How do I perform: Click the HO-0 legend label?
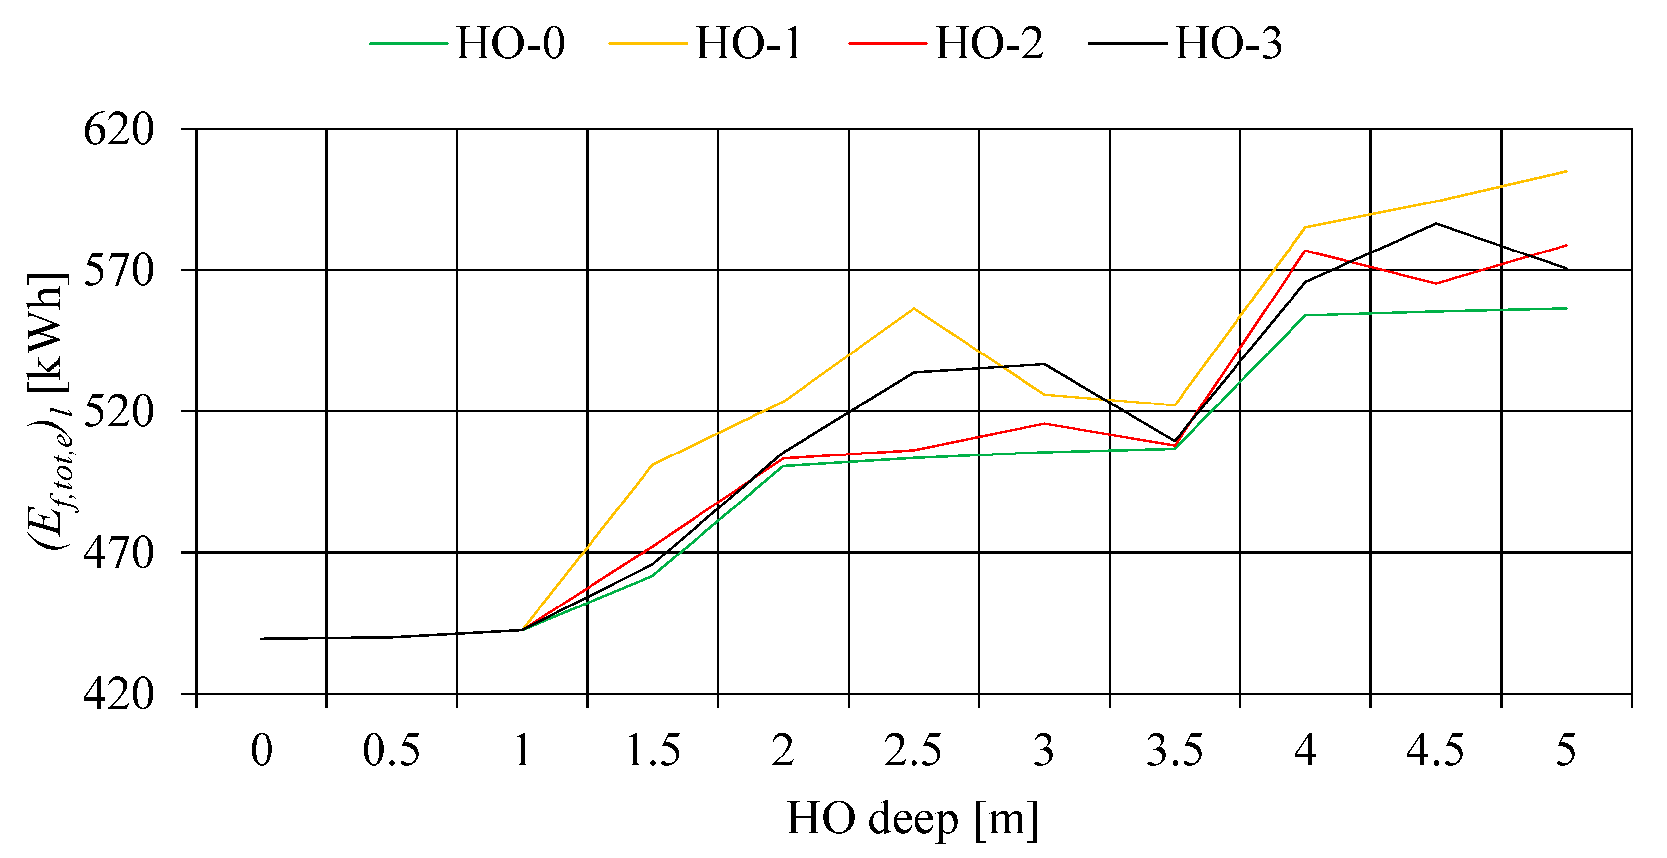(510, 44)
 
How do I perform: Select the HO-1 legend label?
(749, 44)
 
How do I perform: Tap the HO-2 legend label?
(989, 44)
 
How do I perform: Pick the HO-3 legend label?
(1228, 44)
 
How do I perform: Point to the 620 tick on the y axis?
(119, 129)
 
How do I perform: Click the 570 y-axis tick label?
(119, 270)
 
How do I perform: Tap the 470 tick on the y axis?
(119, 553)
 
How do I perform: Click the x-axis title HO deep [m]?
(913, 819)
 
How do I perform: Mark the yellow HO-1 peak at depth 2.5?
(914, 308)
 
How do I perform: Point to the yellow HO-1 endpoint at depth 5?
(1566, 171)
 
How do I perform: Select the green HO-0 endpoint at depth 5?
(1566, 308)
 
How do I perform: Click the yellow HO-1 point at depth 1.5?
(652, 465)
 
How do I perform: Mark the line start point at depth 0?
(262, 638)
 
